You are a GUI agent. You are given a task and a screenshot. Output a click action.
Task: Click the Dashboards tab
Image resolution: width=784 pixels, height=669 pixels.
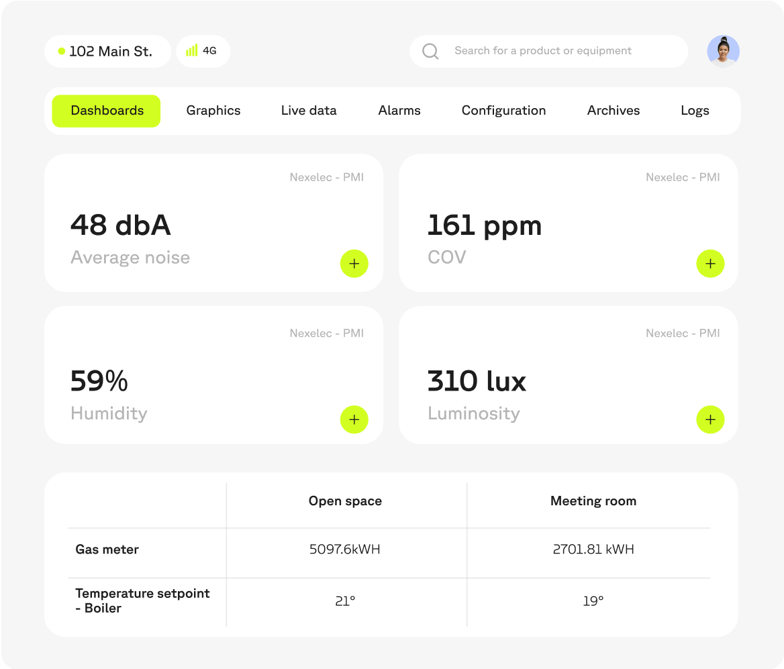coord(107,111)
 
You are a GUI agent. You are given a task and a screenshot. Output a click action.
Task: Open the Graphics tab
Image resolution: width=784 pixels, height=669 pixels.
coord(213,111)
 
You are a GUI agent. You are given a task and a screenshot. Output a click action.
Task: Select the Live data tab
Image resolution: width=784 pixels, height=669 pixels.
coord(309,111)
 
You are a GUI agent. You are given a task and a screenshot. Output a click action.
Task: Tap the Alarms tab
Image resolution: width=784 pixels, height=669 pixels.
coord(399,111)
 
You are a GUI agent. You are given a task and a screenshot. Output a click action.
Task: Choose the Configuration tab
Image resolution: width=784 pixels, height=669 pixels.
coord(503,111)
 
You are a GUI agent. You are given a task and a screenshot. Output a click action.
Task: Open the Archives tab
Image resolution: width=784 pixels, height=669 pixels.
coord(614,111)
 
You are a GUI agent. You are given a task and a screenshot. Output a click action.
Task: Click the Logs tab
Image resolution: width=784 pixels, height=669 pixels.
coord(695,111)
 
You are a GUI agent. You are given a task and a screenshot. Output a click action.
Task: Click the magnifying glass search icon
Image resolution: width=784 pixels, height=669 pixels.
coord(430,51)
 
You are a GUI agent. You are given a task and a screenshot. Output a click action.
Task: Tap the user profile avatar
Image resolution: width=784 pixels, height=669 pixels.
coord(723,51)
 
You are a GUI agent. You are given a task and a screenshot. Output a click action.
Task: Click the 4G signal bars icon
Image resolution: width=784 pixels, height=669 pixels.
coord(192,51)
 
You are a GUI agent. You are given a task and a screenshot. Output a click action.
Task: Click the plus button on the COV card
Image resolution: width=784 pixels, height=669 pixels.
coord(710,264)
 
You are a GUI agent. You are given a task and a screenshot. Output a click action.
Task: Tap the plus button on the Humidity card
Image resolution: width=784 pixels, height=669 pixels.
coord(354,420)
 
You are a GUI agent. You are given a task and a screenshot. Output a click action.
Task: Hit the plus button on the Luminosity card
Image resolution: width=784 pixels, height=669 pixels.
coord(710,420)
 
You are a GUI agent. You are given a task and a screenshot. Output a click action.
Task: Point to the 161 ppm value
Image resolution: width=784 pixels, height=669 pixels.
coord(484,225)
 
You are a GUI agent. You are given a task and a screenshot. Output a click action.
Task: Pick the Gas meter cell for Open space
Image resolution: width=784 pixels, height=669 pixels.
coord(345,550)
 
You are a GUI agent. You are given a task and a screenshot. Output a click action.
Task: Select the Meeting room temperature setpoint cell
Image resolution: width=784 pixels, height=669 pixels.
coord(593,601)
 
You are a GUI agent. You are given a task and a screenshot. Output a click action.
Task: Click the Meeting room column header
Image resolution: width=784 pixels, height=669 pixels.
coord(593,501)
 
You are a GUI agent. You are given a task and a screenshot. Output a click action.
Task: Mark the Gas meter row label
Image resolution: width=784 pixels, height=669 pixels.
coord(107,550)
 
